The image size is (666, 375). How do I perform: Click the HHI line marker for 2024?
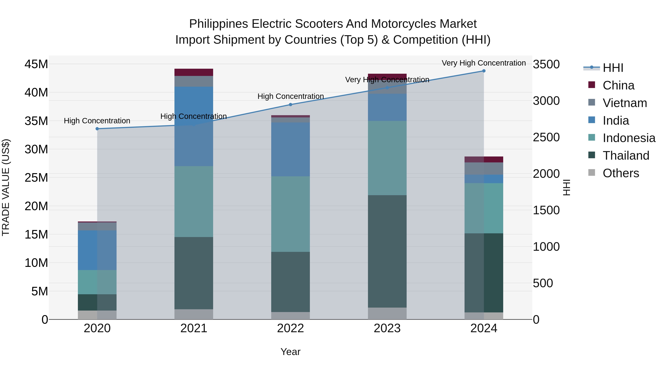click(484, 71)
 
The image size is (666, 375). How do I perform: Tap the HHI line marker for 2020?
click(97, 129)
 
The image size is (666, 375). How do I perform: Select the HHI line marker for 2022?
click(290, 105)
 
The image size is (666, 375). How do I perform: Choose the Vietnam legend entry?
click(625, 103)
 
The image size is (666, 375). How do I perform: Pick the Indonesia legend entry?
click(629, 138)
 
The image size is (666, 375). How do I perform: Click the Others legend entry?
click(620, 173)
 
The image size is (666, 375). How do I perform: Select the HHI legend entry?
click(613, 68)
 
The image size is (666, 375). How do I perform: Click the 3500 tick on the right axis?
click(546, 64)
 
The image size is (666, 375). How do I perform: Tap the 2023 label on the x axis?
click(387, 328)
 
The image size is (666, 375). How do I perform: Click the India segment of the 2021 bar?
click(194, 126)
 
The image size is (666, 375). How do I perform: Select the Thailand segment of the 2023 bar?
click(387, 251)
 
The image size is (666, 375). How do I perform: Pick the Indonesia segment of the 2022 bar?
click(290, 214)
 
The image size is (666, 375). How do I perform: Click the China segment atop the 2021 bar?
click(194, 72)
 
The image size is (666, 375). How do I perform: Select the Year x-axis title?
click(290, 352)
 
